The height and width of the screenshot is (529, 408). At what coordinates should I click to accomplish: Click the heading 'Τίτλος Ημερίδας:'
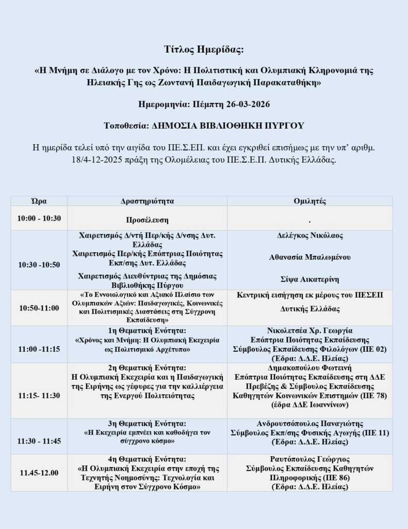click(x=203, y=50)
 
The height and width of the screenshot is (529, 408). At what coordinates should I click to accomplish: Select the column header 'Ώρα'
click(x=39, y=201)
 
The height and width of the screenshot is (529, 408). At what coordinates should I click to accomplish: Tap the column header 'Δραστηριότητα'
click(x=147, y=201)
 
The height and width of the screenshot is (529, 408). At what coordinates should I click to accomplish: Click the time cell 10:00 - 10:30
click(x=39, y=218)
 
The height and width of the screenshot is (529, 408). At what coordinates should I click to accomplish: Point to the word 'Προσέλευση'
click(x=147, y=219)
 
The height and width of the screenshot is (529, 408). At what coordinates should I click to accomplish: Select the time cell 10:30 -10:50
click(x=39, y=264)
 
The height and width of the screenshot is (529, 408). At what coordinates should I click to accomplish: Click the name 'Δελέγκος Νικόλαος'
click(x=309, y=236)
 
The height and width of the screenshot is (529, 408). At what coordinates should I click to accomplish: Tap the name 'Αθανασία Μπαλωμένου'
click(x=309, y=257)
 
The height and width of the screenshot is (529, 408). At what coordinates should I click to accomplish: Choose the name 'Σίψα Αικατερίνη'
click(x=309, y=279)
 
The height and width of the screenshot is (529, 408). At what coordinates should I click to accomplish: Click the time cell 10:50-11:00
click(x=39, y=308)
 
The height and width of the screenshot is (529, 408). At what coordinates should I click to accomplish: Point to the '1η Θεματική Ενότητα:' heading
click(x=147, y=330)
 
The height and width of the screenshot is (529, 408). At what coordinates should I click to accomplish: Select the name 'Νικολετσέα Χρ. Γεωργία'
click(x=309, y=330)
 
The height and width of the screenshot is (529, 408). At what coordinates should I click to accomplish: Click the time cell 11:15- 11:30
click(x=39, y=395)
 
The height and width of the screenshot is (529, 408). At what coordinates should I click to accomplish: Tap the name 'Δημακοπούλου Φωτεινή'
click(x=309, y=368)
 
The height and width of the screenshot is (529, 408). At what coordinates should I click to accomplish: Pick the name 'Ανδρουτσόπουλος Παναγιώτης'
click(x=309, y=423)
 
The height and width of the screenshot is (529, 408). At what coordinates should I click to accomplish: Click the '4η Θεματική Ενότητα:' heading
click(x=147, y=459)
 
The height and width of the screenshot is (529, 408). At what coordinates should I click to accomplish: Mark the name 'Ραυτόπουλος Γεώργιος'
click(x=309, y=459)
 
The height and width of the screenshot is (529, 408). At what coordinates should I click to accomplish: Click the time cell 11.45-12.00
click(x=39, y=473)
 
